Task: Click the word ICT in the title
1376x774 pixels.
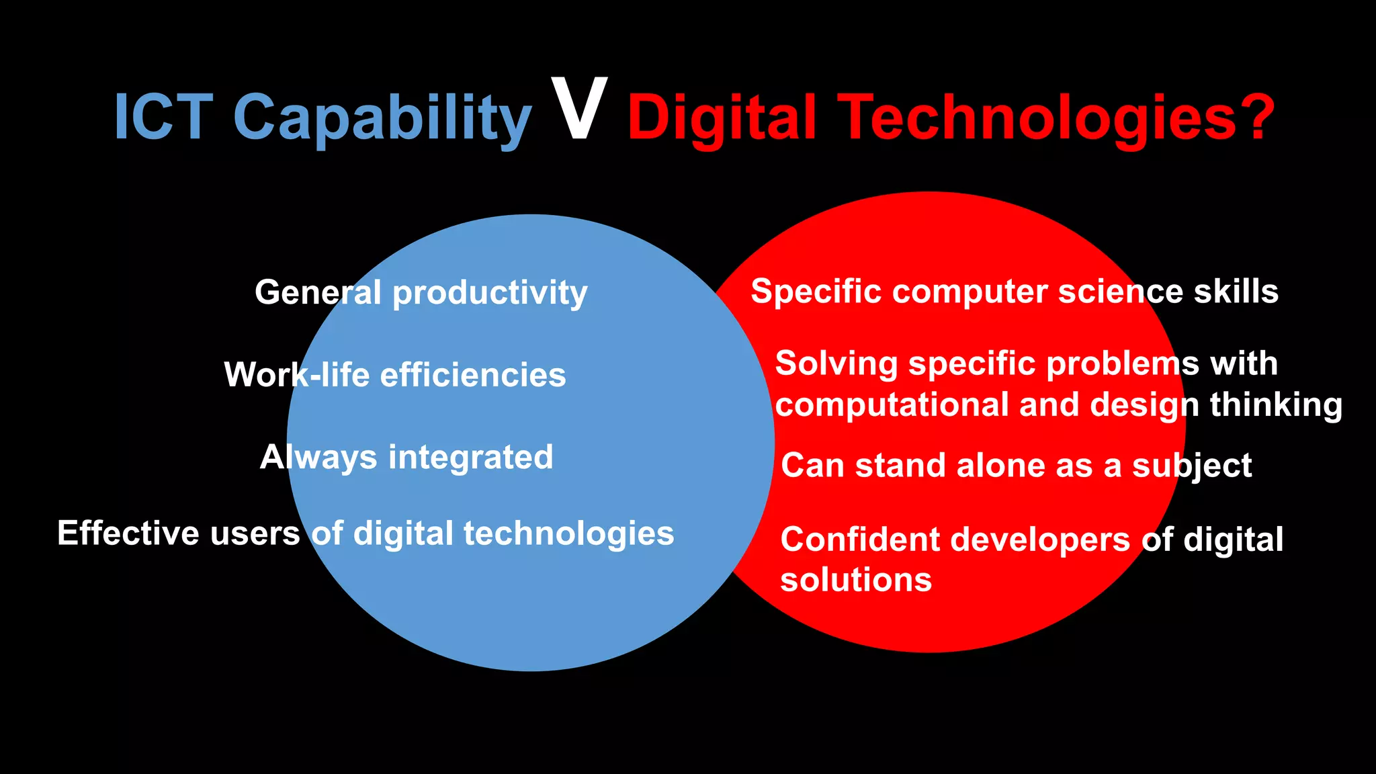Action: pos(163,117)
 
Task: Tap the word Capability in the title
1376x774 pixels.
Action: pos(382,120)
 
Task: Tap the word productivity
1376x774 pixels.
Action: pos(490,294)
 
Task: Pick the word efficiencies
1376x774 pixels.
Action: pos(473,374)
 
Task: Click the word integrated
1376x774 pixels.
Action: pos(470,458)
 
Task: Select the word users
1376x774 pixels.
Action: pos(255,533)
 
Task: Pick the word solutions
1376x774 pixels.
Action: pos(856,580)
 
